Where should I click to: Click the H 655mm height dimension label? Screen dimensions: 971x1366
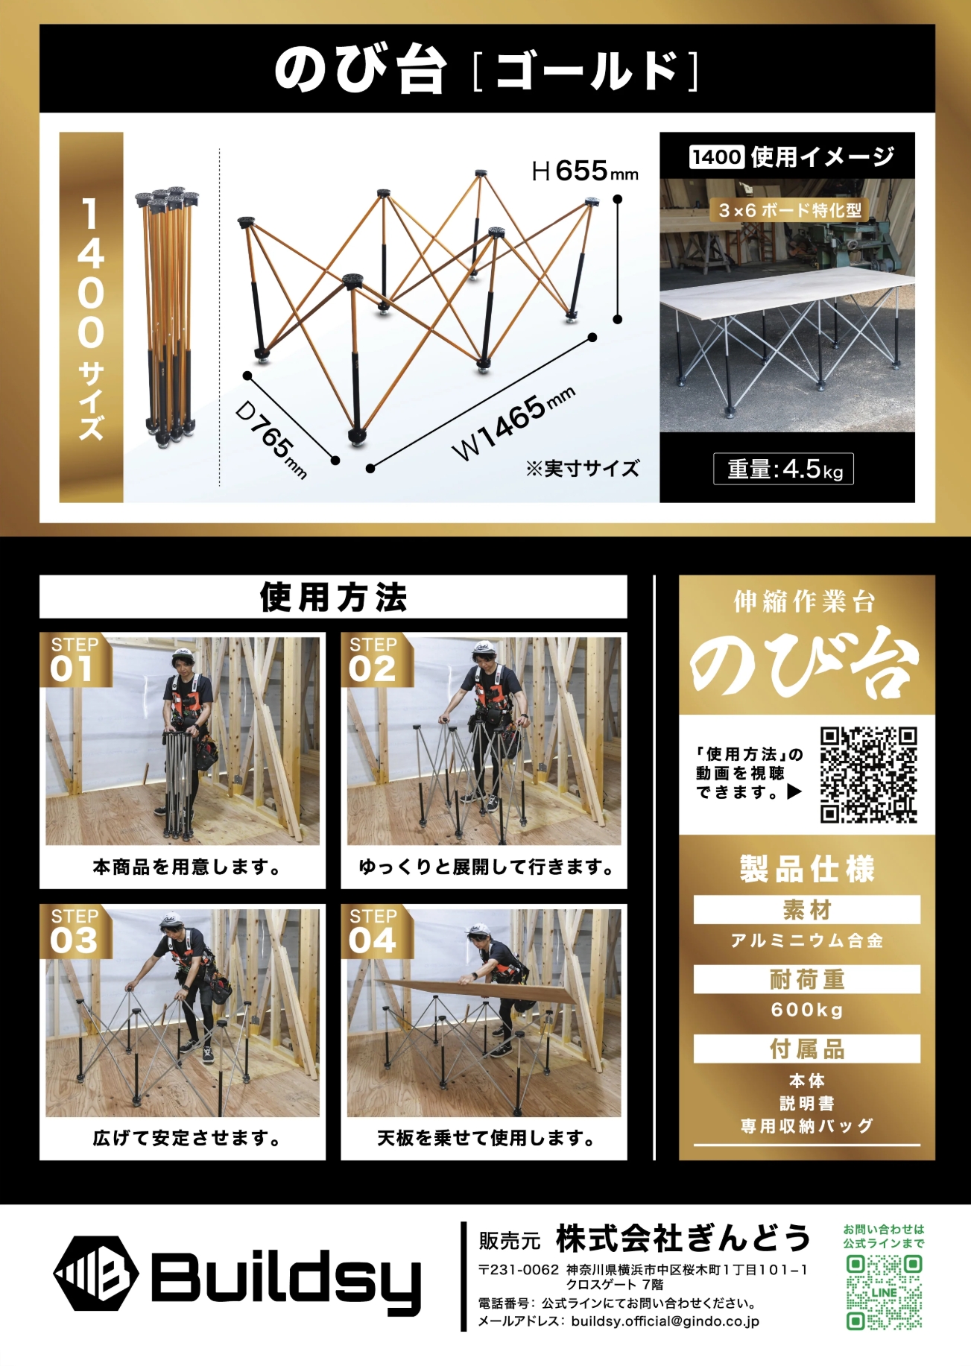(x=585, y=171)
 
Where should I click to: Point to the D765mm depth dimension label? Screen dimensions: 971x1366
(x=271, y=439)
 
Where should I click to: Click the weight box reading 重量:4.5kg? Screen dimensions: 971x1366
(x=783, y=469)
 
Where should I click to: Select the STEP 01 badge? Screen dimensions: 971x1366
(x=75, y=660)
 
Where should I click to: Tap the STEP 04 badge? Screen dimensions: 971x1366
(x=374, y=932)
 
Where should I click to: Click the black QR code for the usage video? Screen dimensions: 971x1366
(x=868, y=775)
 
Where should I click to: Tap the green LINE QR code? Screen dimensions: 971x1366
(x=884, y=1292)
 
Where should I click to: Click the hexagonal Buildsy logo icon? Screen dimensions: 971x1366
(x=96, y=1273)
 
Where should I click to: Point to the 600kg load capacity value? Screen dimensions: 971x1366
(x=807, y=1010)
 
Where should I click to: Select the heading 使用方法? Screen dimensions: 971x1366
(x=333, y=597)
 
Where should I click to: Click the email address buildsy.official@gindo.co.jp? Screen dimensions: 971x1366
(x=665, y=1321)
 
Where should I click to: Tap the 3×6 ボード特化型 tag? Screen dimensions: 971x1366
(x=790, y=210)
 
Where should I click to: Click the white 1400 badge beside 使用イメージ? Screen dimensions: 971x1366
(x=716, y=156)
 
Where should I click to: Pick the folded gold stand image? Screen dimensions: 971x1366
(x=168, y=315)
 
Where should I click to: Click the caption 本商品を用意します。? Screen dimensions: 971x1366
(x=187, y=867)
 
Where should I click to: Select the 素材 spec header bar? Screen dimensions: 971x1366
(x=807, y=910)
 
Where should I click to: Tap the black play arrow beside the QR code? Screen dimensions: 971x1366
(x=794, y=791)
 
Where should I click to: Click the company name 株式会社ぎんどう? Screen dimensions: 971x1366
(x=683, y=1238)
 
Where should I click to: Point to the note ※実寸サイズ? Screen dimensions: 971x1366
(x=582, y=469)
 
